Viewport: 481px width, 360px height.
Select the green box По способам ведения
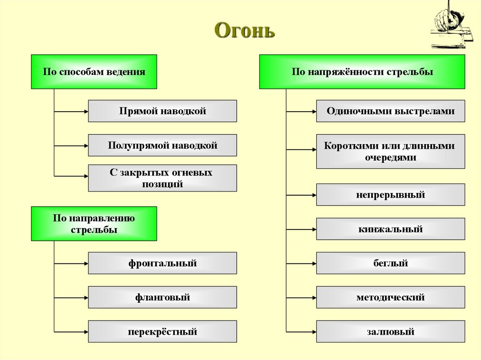click(x=94, y=72)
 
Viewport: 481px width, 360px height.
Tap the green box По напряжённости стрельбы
click(x=362, y=72)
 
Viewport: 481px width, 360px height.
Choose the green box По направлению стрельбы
click(x=94, y=224)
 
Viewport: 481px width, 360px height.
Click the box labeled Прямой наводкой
click(x=163, y=111)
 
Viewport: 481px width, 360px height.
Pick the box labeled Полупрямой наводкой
click(x=163, y=145)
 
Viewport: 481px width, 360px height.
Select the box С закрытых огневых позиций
click(x=163, y=178)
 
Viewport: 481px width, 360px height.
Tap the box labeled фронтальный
click(x=163, y=263)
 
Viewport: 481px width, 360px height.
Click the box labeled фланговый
click(x=163, y=297)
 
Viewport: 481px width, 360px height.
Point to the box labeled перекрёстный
click(x=163, y=332)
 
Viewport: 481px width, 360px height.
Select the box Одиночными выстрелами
click(x=390, y=111)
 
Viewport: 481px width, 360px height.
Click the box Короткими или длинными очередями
click(x=390, y=152)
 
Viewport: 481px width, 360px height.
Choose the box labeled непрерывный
click(x=390, y=195)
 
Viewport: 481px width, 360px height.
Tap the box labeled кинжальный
click(x=390, y=229)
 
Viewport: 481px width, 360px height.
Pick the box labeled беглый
click(x=390, y=263)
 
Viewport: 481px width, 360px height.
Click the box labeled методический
click(x=390, y=297)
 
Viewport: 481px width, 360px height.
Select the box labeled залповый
click(x=390, y=332)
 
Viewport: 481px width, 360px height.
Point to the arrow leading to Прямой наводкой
click(x=71, y=112)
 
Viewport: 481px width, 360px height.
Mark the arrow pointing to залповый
click(x=301, y=332)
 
